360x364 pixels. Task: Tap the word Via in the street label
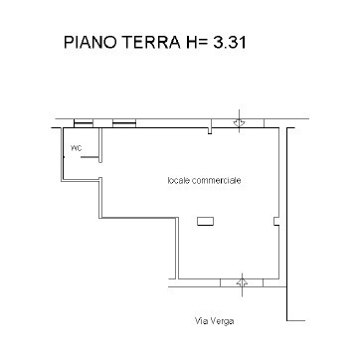click(x=200, y=320)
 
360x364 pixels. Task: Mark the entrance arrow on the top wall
click(x=240, y=120)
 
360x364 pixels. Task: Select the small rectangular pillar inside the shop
click(x=204, y=221)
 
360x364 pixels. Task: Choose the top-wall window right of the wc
click(x=123, y=125)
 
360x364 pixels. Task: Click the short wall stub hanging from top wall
click(x=210, y=129)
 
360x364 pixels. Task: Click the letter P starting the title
click(x=69, y=43)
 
